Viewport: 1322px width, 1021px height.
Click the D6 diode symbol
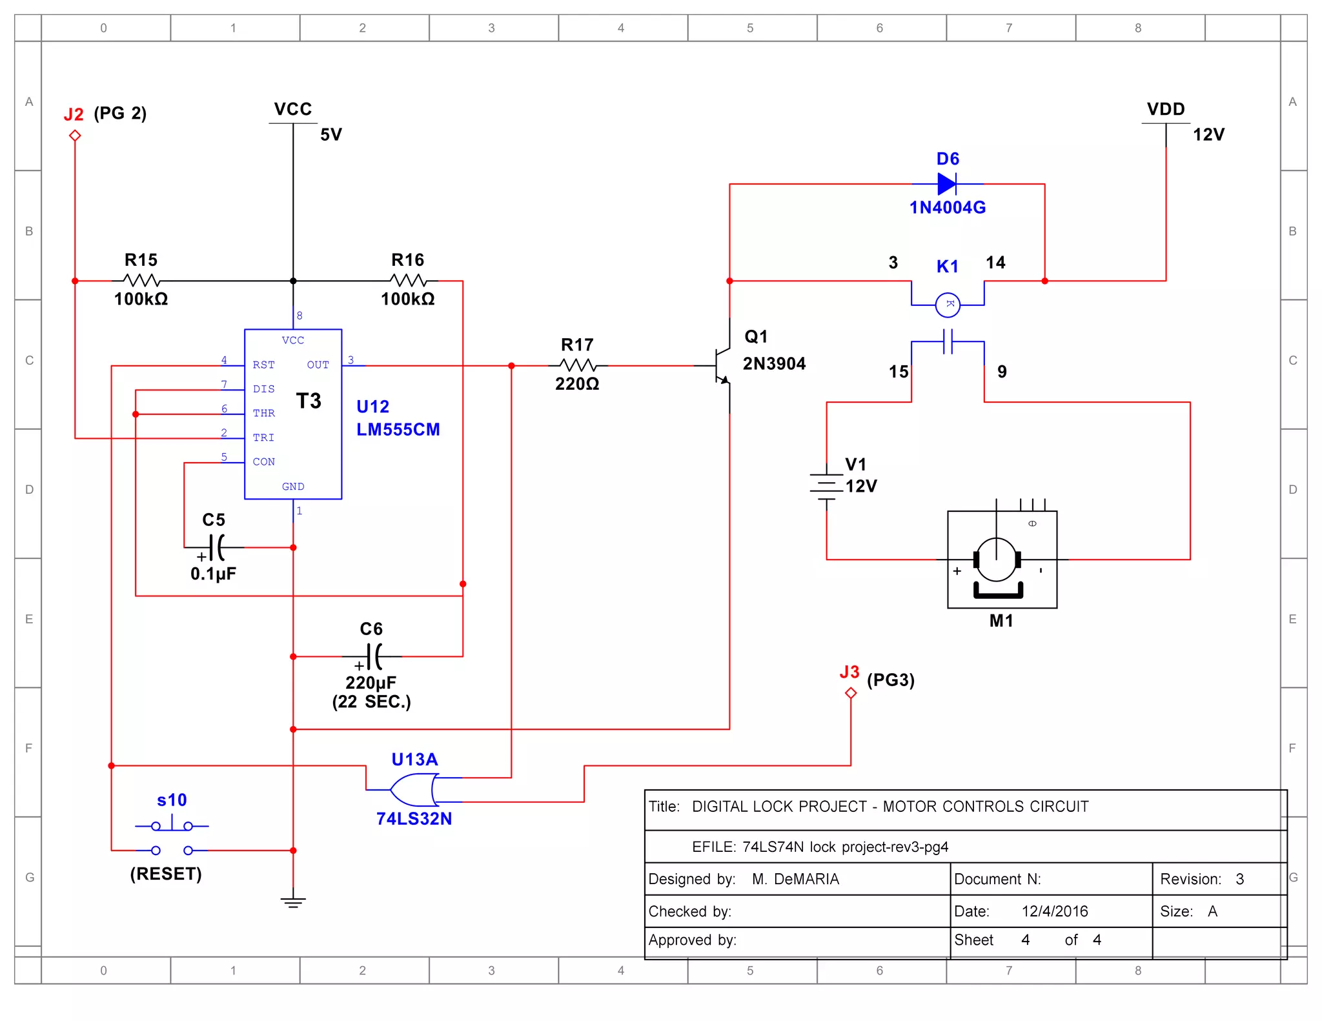click(x=947, y=184)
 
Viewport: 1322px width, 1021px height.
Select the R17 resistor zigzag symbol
click(x=577, y=365)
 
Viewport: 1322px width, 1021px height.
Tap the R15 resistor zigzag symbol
click(x=141, y=281)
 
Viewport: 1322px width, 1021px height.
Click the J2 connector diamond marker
click(x=75, y=136)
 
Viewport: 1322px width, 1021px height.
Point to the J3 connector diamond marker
click(x=851, y=693)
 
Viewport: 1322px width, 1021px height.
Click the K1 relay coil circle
click(x=948, y=305)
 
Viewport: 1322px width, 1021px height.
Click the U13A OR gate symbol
click(x=414, y=789)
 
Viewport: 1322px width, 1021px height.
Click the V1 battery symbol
click(x=826, y=485)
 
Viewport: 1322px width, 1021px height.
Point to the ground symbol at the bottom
click(x=293, y=902)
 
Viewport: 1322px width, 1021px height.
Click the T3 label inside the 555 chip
click(x=309, y=401)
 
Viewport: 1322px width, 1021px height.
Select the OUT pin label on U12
click(x=318, y=365)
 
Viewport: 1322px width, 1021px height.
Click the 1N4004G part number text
click(x=947, y=208)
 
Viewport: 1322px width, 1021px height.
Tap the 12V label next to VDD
click(x=1208, y=135)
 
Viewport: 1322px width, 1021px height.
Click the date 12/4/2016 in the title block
click(x=1054, y=911)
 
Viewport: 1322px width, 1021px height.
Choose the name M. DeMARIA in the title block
click(x=795, y=879)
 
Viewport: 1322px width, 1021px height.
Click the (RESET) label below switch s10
click(x=166, y=874)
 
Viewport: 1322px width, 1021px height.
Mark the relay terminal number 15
click(x=898, y=372)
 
